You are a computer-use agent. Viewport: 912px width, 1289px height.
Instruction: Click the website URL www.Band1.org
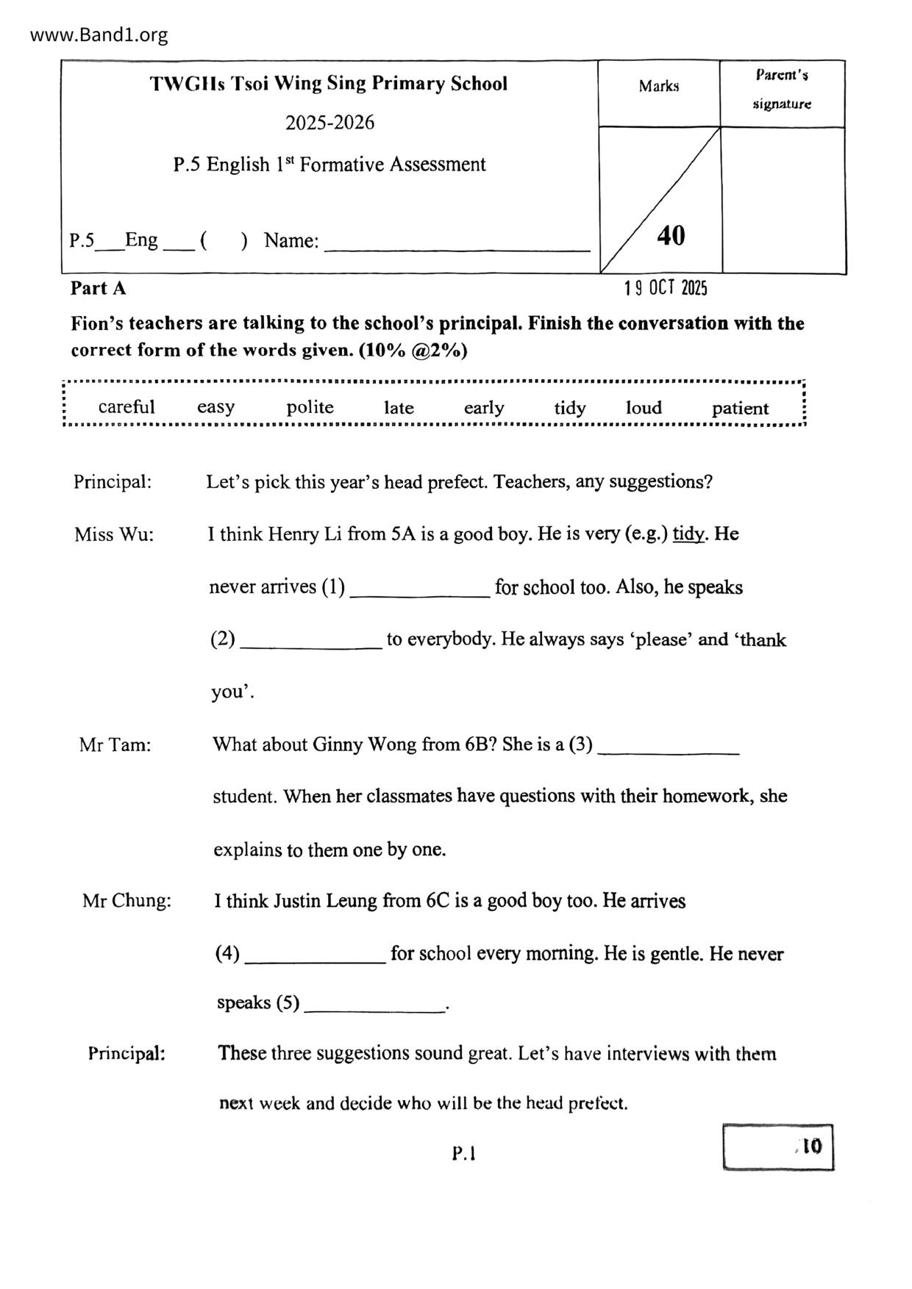[x=99, y=35]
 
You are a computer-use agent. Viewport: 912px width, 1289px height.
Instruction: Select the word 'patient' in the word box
[x=740, y=409]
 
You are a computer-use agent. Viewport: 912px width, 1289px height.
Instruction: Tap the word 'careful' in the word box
[x=127, y=407]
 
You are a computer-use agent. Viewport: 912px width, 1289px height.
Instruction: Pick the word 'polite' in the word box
[x=310, y=407]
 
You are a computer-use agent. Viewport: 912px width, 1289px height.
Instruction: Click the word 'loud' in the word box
[x=644, y=408]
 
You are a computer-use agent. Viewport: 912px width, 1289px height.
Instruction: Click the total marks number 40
[x=671, y=236]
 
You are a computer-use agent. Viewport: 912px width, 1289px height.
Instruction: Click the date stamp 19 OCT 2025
[x=666, y=288]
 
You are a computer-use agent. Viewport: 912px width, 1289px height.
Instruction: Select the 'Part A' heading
[x=98, y=289]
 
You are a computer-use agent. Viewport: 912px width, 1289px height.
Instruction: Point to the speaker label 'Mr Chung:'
[x=127, y=901]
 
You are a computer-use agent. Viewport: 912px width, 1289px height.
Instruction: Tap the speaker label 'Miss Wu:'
[x=114, y=534]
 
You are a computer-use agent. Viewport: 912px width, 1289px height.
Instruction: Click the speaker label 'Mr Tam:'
[x=115, y=745]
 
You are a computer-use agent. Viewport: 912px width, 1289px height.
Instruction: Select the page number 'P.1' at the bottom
[x=464, y=1154]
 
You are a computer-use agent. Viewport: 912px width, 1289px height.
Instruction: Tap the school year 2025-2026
[x=329, y=123]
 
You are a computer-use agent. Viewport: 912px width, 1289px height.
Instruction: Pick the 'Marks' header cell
[x=658, y=87]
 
